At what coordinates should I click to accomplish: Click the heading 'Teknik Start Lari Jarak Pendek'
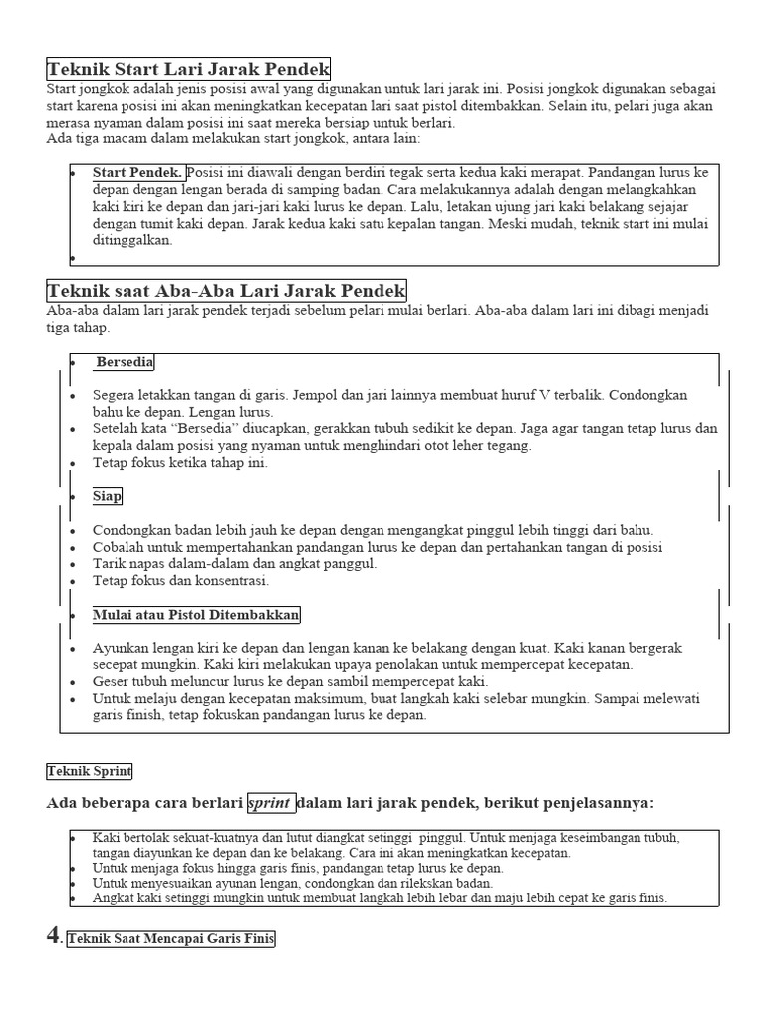[x=188, y=69]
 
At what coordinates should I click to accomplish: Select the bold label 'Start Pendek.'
[x=137, y=172]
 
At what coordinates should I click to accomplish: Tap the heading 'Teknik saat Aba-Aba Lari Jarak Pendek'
[x=226, y=291]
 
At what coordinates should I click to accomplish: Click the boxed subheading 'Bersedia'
[x=125, y=362]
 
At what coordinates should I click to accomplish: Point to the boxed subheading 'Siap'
[x=108, y=495]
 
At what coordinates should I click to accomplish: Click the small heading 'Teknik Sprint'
[x=90, y=771]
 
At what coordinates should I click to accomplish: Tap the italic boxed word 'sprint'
[x=271, y=803]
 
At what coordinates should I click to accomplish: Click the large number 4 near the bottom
[x=55, y=937]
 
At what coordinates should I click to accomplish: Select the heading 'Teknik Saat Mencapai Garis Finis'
[x=170, y=938]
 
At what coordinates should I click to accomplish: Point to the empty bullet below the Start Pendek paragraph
[x=73, y=258]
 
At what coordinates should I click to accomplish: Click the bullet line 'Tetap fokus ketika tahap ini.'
[x=180, y=463]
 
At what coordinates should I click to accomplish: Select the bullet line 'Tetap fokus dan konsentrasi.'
[x=180, y=581]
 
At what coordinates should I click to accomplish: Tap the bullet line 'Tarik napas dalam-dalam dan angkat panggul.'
[x=234, y=564]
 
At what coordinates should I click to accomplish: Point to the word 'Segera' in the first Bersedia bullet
[x=116, y=395]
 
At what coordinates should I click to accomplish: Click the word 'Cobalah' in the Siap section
[x=119, y=547]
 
